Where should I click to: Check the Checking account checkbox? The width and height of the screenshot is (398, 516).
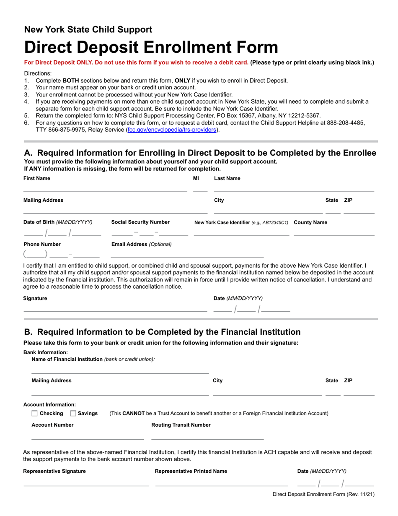click(35, 414)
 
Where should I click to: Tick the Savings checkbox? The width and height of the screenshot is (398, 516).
click(73, 414)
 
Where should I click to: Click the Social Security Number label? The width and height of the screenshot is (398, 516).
click(140, 222)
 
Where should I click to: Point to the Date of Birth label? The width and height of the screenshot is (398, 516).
click(58, 222)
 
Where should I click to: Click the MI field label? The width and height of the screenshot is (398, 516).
click(196, 178)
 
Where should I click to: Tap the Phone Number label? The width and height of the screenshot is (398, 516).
click(42, 244)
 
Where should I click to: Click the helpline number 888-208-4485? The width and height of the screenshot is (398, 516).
click(347, 122)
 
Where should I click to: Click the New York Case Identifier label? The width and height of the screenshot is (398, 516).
click(241, 222)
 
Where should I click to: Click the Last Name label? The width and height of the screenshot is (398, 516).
click(227, 178)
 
